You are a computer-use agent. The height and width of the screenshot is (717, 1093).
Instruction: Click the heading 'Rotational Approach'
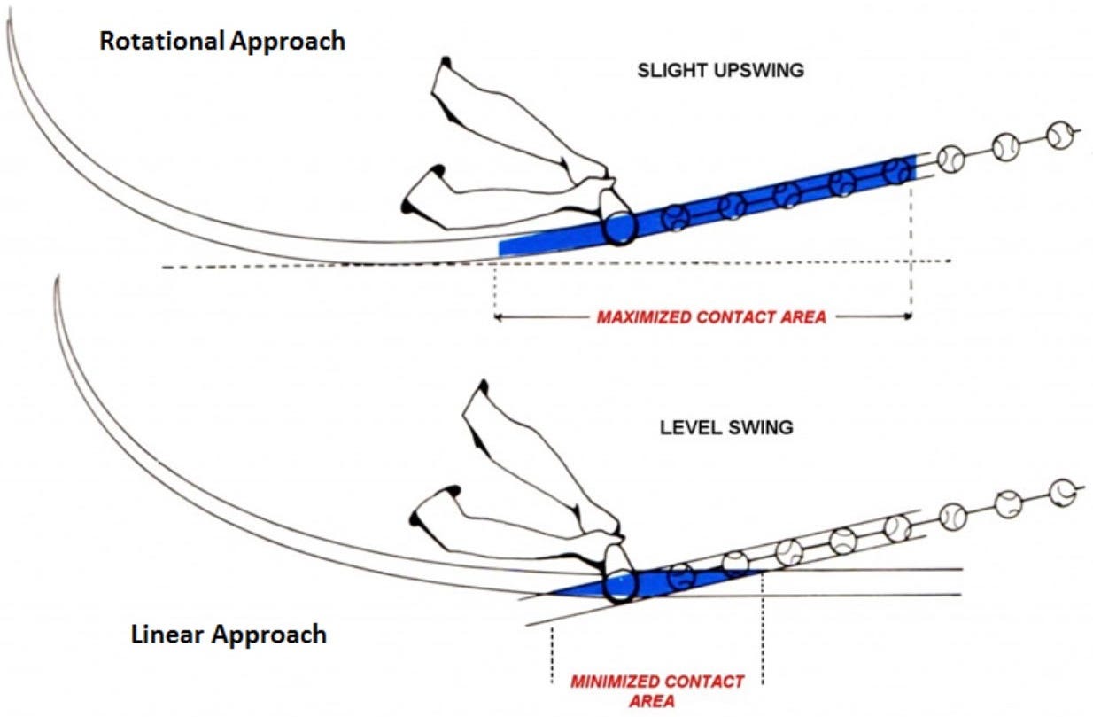(x=221, y=42)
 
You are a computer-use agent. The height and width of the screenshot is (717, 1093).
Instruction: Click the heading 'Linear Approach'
(x=229, y=635)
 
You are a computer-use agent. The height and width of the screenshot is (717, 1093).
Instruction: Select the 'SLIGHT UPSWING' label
(x=720, y=70)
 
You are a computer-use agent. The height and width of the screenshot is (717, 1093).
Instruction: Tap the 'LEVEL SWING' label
(x=726, y=427)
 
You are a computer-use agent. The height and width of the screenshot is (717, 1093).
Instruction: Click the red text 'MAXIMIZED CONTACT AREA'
(x=710, y=316)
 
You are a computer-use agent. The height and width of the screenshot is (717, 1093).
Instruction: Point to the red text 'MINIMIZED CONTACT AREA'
(x=657, y=682)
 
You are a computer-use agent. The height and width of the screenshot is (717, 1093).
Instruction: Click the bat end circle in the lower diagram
(x=621, y=586)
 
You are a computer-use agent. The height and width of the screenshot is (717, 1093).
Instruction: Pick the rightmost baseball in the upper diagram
(x=1060, y=135)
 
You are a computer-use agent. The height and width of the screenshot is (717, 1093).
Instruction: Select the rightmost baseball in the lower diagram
(x=1063, y=489)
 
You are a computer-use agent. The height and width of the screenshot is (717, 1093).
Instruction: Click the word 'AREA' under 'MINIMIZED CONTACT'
(x=657, y=701)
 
